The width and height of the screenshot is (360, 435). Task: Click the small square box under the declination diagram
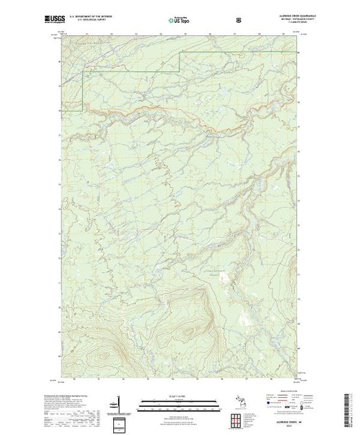pyautogui.click(x=119, y=423)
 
